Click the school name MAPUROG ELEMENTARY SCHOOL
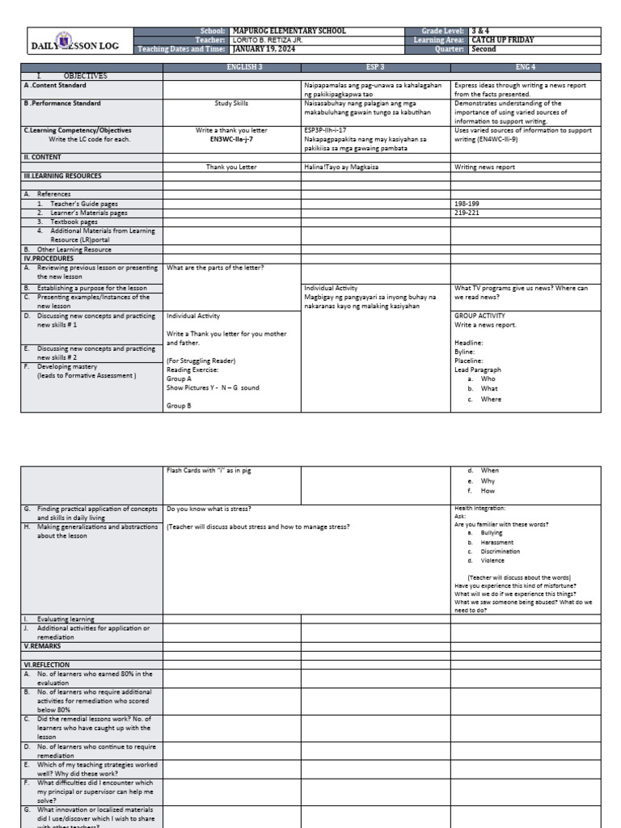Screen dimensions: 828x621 [x=289, y=31]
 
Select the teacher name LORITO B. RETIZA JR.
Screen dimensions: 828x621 [x=267, y=40]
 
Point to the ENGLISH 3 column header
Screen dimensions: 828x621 [x=232, y=67]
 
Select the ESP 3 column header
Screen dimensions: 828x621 [x=375, y=67]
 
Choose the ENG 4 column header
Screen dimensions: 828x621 [x=526, y=67]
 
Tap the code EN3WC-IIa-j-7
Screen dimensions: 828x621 [x=231, y=138]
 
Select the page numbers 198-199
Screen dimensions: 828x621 [x=467, y=204]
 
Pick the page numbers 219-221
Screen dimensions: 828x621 [x=467, y=213]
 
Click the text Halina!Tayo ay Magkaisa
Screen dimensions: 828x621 [x=338, y=167]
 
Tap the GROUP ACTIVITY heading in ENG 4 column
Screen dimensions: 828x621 [x=479, y=315]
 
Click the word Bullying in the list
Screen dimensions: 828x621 [x=491, y=534]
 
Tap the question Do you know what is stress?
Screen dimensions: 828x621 [x=209, y=509]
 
